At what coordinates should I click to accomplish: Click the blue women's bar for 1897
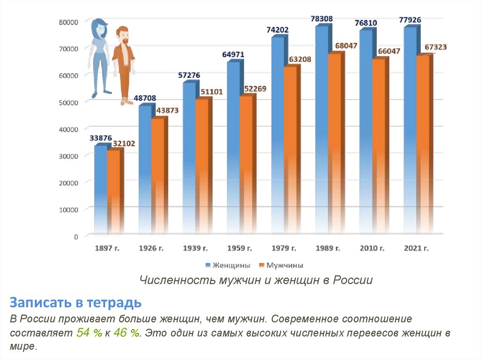pyautogui.click(x=101, y=188)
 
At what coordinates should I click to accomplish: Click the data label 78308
pyautogui.click(x=322, y=19)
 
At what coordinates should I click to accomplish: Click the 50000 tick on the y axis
pyautogui.click(x=68, y=102)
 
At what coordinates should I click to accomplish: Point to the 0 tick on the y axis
pyautogui.click(x=75, y=236)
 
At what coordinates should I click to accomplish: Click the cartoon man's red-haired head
pyautogui.click(x=123, y=36)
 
